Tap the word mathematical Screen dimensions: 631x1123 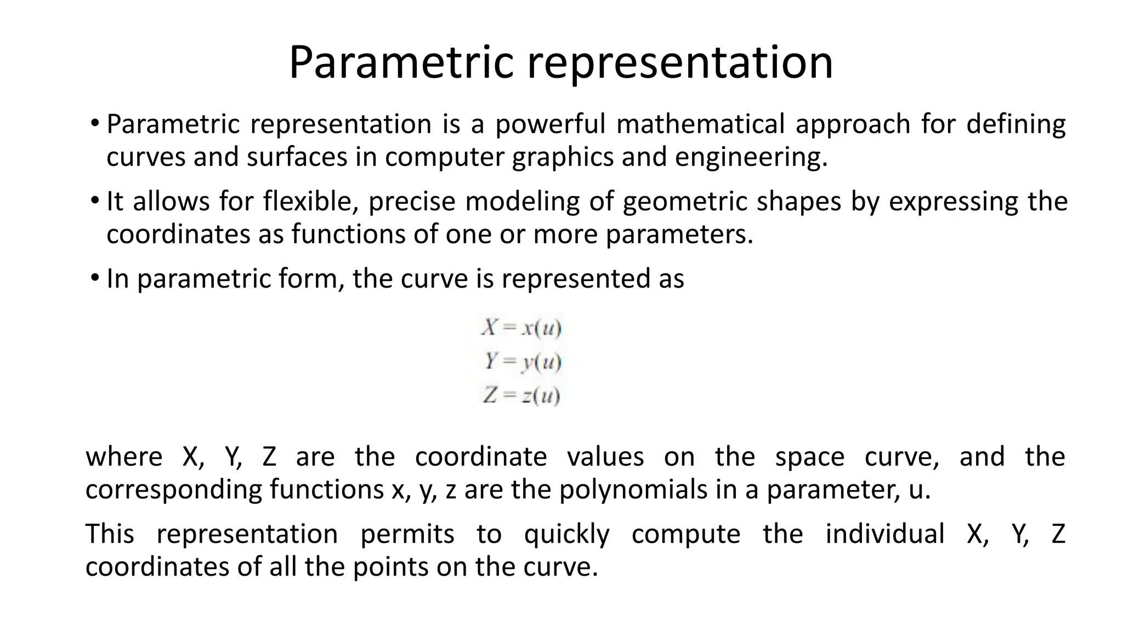pos(700,124)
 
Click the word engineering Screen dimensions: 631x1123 pos(751,157)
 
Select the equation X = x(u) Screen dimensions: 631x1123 pos(521,328)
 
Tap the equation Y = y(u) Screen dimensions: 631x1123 pos(523,362)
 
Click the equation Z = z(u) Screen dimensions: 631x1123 pos(521,395)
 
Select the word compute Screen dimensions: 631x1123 pos(686,534)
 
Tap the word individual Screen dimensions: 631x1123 pos(885,534)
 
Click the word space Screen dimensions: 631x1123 pos(809,457)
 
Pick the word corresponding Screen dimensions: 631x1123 pos(173,490)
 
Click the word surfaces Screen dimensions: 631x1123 pos(297,157)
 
